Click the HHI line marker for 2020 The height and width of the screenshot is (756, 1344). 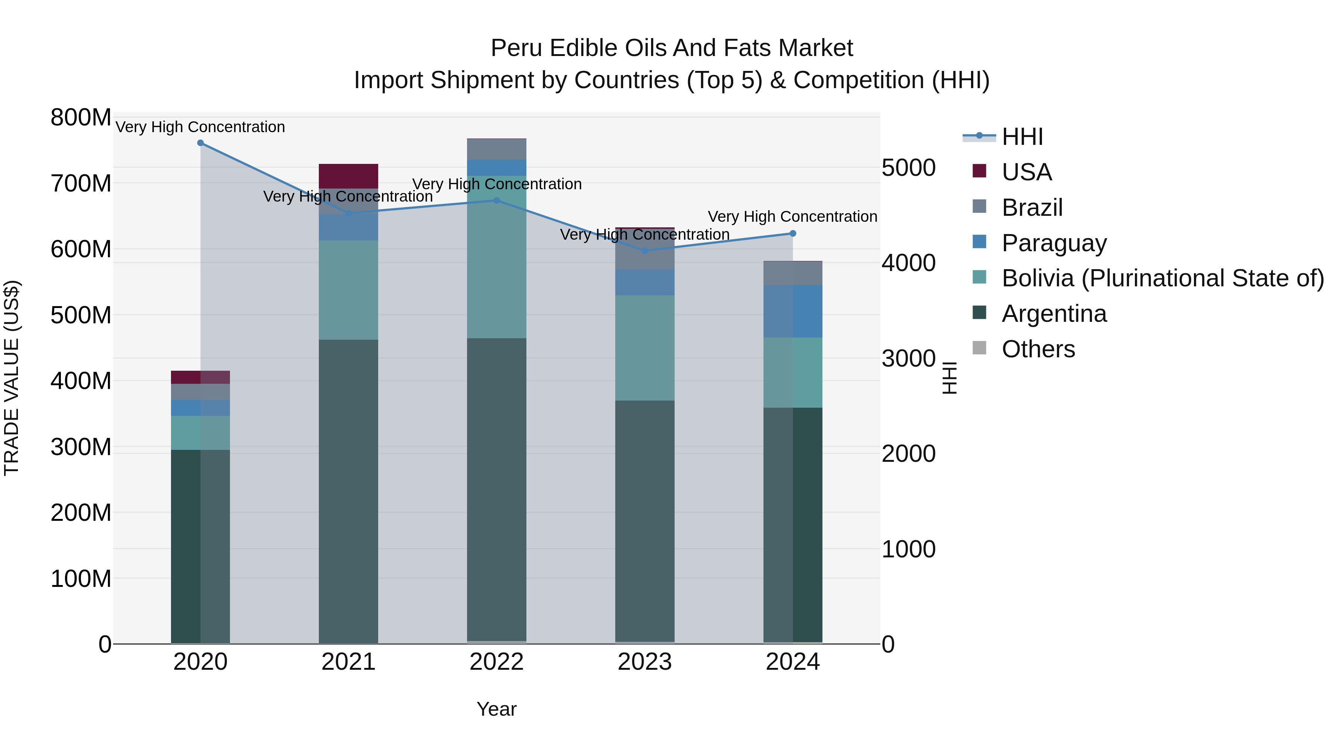tap(200, 143)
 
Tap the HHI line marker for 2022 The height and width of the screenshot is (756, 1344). tap(497, 200)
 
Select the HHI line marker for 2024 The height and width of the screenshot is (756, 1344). tap(793, 233)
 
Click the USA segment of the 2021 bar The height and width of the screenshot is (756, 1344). tap(349, 176)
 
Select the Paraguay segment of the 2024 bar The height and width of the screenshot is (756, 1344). tap(793, 311)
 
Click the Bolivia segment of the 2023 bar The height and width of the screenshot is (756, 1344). tap(645, 348)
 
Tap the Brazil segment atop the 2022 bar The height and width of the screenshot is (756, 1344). tap(497, 149)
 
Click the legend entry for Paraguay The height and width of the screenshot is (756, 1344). tap(1054, 243)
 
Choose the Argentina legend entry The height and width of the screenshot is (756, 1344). tap(1054, 314)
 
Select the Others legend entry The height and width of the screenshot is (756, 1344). tap(1038, 349)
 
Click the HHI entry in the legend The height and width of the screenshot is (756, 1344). tap(1022, 137)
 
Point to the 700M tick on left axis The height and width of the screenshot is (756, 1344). tap(81, 184)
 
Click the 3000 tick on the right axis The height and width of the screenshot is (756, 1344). tap(908, 358)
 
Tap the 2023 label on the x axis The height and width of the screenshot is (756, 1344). tap(645, 662)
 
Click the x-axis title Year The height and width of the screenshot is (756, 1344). tap(497, 709)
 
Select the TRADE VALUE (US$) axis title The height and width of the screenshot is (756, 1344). tap(12, 378)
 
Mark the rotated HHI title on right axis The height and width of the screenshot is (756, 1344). tap(949, 378)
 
